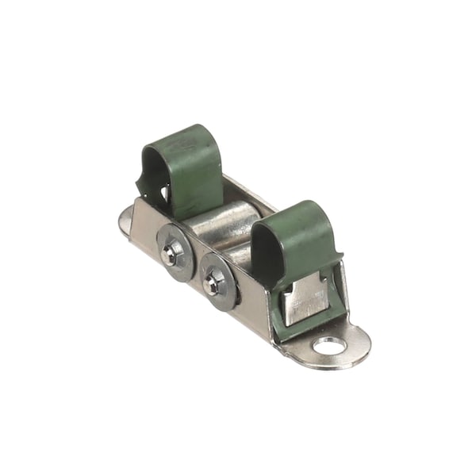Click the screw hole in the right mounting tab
point(328,345)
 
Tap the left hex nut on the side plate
point(170,254)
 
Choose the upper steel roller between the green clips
point(226,218)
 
